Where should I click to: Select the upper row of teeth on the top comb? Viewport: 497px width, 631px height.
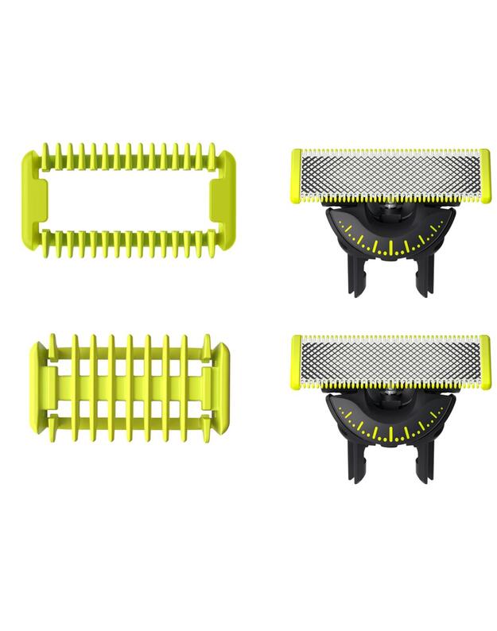(130, 154)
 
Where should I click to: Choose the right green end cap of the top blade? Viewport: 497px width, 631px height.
(484, 176)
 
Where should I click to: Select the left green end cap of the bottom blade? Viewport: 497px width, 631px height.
(297, 362)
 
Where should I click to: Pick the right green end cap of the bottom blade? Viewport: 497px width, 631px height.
(484, 362)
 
